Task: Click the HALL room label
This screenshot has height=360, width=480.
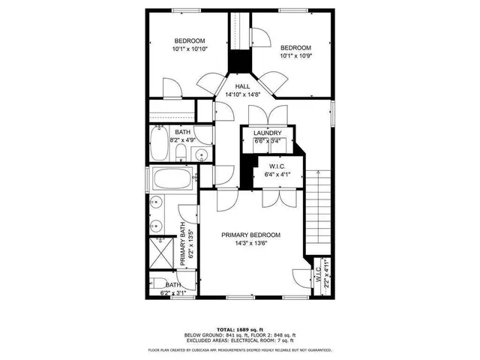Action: click(x=242, y=87)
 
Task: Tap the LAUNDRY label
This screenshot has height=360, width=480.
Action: click(x=267, y=133)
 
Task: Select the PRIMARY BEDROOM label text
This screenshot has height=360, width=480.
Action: click(x=250, y=235)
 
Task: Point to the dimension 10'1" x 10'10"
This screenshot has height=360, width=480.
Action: click(x=190, y=49)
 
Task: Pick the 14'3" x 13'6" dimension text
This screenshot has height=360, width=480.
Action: click(x=250, y=244)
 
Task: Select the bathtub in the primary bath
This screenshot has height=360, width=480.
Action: click(x=172, y=180)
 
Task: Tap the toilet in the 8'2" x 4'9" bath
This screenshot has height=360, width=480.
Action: click(x=181, y=152)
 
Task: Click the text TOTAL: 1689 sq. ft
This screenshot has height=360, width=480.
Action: click(x=240, y=329)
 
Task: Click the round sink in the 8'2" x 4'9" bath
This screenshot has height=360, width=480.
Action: click(x=202, y=155)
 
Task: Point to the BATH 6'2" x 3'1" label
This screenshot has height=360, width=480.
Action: click(x=172, y=289)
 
